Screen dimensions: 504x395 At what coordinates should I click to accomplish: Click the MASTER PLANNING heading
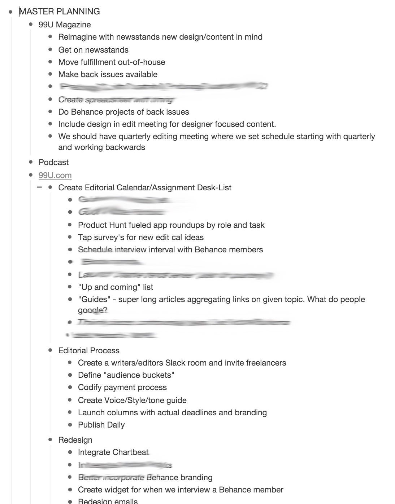(60, 12)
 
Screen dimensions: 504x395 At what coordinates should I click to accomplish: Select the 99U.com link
(55, 175)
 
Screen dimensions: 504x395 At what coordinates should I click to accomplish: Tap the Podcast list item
(53, 162)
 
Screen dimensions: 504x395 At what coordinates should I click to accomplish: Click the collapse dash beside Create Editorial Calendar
(39, 187)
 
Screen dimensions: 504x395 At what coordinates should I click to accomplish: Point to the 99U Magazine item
(65, 25)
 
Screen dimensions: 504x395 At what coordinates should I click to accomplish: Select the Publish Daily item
(101, 425)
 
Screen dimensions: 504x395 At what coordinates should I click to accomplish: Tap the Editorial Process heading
(89, 350)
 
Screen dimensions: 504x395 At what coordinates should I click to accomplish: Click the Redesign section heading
(75, 440)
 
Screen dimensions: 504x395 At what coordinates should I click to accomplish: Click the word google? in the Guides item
(92, 310)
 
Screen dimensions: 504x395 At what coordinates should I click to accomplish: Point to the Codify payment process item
(122, 387)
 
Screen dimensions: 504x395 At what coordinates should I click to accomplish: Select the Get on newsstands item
(93, 50)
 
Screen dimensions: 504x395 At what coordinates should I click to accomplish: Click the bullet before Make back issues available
(50, 74)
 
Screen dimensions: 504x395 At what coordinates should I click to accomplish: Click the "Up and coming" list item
(116, 287)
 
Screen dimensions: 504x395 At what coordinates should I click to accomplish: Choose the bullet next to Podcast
(31, 162)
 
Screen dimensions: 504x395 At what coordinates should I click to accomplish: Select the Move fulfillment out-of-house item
(112, 62)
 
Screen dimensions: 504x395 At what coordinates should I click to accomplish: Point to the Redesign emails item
(108, 501)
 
